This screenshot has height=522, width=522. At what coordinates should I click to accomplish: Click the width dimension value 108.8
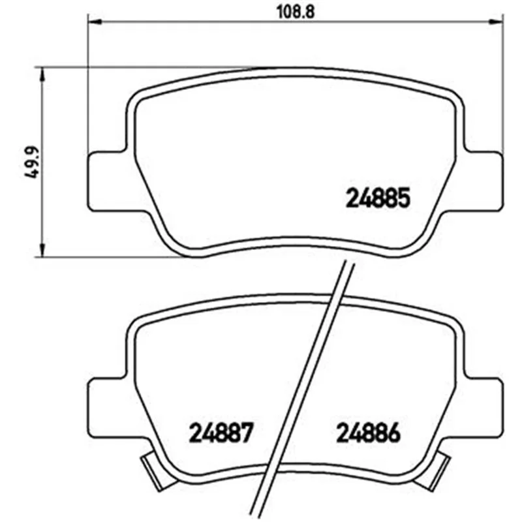coord(296,12)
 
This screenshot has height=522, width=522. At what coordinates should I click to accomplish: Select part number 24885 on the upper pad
coord(378,198)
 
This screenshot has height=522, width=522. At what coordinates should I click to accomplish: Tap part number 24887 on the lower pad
coord(221,433)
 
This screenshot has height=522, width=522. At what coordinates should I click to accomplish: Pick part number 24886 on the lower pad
coord(369,433)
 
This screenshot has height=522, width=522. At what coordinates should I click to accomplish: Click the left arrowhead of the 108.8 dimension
coord(94,22)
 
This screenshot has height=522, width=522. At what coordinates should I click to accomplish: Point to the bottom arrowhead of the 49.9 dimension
coord(42,250)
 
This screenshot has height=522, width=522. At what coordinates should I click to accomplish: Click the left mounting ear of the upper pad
coord(107,181)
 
